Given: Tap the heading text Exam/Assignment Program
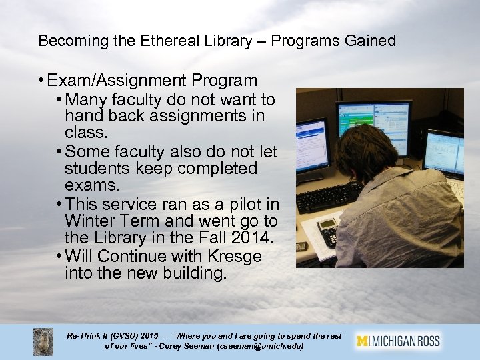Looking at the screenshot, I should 152,81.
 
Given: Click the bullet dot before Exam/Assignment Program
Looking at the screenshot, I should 41,81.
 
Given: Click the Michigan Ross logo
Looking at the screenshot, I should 399,341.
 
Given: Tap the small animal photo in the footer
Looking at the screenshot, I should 43,341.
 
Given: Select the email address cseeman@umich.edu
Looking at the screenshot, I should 264,347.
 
